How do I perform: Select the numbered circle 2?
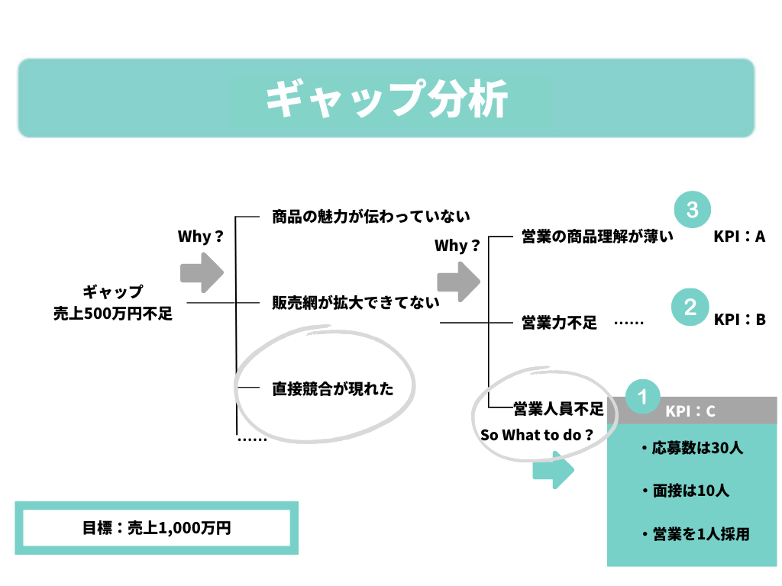690,307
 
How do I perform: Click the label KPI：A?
739,237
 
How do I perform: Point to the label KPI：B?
739,320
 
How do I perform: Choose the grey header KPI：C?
690,411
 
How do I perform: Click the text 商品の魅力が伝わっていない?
371,217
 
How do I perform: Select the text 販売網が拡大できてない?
356,302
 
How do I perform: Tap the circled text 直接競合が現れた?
333,389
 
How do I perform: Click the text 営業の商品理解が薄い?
597,237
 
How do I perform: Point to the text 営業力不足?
559,322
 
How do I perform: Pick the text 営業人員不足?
558,409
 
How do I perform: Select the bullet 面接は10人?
685,491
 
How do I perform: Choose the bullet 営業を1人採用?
695,534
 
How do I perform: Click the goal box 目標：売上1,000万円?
157,528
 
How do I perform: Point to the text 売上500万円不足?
113,312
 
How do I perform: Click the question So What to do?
536,435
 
